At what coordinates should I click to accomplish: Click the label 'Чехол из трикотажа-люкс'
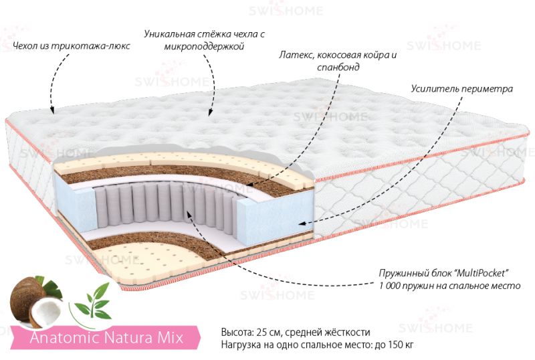pyautogui.click(x=71, y=46)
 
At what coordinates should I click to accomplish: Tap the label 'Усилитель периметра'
pyautogui.click(x=461, y=89)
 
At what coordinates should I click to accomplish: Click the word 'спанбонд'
pyautogui.click(x=338, y=67)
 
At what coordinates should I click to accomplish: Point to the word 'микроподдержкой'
pyautogui.click(x=205, y=46)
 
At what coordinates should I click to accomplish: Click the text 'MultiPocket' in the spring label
pyautogui.click(x=481, y=273)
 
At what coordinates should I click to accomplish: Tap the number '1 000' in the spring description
pyautogui.click(x=390, y=286)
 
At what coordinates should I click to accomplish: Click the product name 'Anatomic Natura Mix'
pyautogui.click(x=107, y=337)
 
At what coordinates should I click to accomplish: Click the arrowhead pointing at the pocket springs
pyautogui.click(x=189, y=212)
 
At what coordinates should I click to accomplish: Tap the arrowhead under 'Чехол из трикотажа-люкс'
pyautogui.click(x=52, y=109)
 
